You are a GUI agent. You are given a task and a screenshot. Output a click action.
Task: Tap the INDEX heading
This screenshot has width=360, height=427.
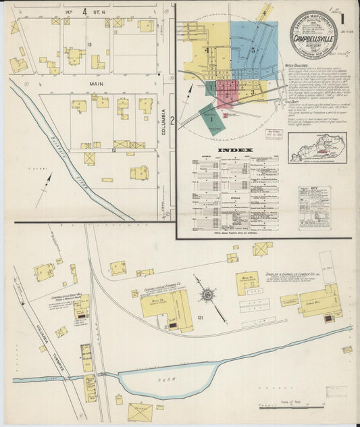tap(235, 150)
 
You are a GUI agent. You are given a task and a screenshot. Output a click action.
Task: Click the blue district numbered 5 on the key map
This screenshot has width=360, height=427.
tap(254, 50)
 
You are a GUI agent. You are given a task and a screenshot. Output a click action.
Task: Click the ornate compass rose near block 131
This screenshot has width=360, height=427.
tap(207, 295)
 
